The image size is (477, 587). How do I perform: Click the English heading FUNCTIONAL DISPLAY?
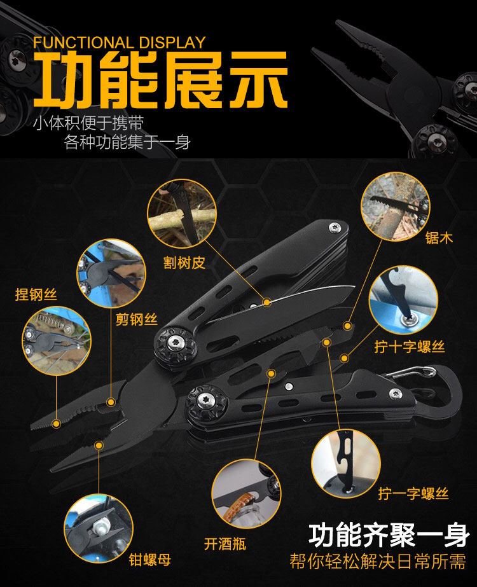pyautogui.click(x=119, y=43)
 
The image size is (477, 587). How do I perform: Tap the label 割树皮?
pyautogui.click(x=184, y=263)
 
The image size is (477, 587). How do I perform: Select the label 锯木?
pyautogui.click(x=439, y=238)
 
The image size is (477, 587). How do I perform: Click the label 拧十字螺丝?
pyautogui.click(x=409, y=347)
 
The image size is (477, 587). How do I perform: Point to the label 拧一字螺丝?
pyautogui.click(x=413, y=494)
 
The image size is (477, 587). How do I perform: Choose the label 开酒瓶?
pyautogui.click(x=225, y=544)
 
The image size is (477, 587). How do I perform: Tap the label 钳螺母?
pyautogui.click(x=149, y=560)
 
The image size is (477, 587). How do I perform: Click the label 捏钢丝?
pyautogui.click(x=36, y=294)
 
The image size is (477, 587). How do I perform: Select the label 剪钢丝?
pyautogui.click(x=136, y=319)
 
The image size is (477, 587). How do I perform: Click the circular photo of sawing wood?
pyautogui.click(x=395, y=206)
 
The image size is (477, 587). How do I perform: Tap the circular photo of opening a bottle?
pyautogui.click(x=246, y=494)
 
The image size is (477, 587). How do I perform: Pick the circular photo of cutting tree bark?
pyautogui.click(x=182, y=214)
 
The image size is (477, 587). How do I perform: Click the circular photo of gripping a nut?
pyautogui.click(x=98, y=528)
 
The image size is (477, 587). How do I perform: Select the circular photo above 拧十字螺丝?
pyautogui.click(x=403, y=300)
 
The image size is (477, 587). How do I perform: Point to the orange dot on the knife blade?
pyautogui.click(x=266, y=301)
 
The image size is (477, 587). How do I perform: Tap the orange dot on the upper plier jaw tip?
pyautogui.click(x=56, y=424)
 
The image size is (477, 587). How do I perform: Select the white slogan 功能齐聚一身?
pyautogui.click(x=389, y=535)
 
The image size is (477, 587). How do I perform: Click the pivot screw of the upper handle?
pyautogui.click(x=176, y=343)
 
